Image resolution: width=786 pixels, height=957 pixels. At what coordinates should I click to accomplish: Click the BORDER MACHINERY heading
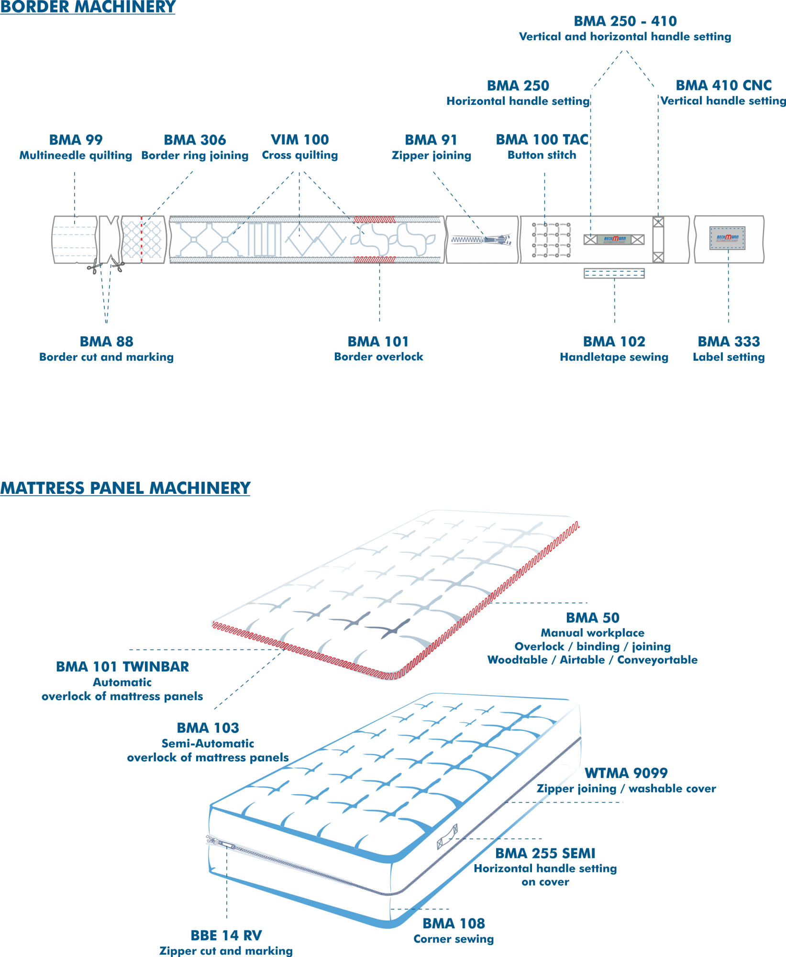(x=88, y=7)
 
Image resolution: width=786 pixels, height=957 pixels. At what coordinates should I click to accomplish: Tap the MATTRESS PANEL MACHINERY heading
(x=125, y=488)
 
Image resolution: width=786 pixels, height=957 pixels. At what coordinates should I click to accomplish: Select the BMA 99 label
(x=76, y=140)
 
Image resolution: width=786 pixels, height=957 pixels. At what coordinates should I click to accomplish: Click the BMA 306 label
(x=195, y=140)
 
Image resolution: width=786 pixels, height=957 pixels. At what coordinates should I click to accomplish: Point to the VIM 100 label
(x=300, y=140)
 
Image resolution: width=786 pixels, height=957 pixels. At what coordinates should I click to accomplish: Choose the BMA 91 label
(x=431, y=140)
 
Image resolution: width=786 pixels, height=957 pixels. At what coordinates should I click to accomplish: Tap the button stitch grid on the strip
(x=551, y=239)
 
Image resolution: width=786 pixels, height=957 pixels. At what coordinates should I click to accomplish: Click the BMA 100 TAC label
(x=542, y=140)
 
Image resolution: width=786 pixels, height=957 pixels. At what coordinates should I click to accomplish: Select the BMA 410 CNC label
(x=723, y=86)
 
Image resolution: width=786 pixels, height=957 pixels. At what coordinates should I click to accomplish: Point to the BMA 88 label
(x=107, y=342)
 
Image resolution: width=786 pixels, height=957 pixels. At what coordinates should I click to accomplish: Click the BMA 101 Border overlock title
(x=378, y=342)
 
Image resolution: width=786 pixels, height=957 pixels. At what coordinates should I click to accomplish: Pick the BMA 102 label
(x=614, y=342)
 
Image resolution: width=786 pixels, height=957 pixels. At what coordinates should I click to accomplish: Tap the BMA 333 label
(x=729, y=342)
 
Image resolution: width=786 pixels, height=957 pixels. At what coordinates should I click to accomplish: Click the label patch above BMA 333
(x=727, y=238)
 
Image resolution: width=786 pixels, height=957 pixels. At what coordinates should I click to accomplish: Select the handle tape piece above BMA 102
(x=614, y=273)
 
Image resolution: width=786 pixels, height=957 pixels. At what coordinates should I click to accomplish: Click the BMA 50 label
(x=593, y=618)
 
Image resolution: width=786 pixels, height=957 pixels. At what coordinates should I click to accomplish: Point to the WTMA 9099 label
(x=626, y=773)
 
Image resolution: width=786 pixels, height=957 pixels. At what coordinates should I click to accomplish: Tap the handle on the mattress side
(x=448, y=836)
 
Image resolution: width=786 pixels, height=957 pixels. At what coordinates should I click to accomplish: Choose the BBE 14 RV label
(x=226, y=935)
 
